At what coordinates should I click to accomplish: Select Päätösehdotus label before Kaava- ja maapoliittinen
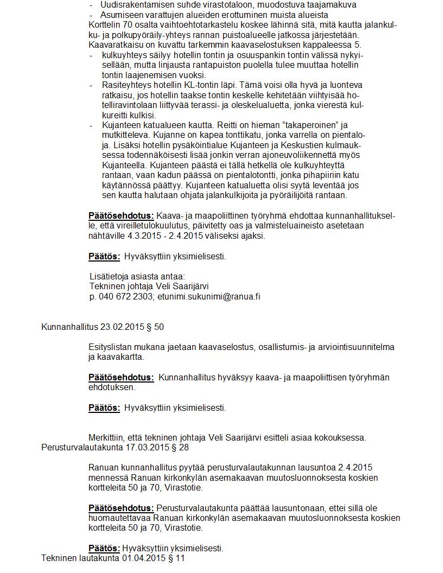(x=121, y=216)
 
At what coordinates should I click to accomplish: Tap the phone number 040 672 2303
(x=125, y=297)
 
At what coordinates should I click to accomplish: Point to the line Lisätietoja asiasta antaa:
(x=137, y=277)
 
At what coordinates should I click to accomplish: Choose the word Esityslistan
(x=112, y=347)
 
